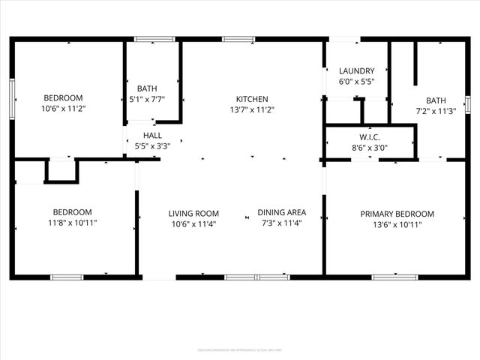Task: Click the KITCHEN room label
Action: tap(252, 99)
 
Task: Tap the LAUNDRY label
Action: tap(356, 71)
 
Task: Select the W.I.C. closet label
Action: tap(370, 137)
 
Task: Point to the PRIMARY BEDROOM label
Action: tap(397, 214)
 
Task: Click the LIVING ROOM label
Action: tap(193, 214)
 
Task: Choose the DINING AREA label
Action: tap(281, 212)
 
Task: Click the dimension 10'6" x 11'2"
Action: tap(63, 108)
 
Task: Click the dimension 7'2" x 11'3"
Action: tap(436, 110)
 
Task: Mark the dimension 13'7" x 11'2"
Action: tap(252, 109)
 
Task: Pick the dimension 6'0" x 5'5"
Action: tap(356, 81)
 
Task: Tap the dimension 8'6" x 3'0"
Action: tap(370, 148)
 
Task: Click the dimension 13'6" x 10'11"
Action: tap(397, 223)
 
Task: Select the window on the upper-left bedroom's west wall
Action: tap(12, 99)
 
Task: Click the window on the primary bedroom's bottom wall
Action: tap(394, 277)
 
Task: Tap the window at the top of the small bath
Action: tap(154, 38)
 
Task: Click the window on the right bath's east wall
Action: tap(467, 104)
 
